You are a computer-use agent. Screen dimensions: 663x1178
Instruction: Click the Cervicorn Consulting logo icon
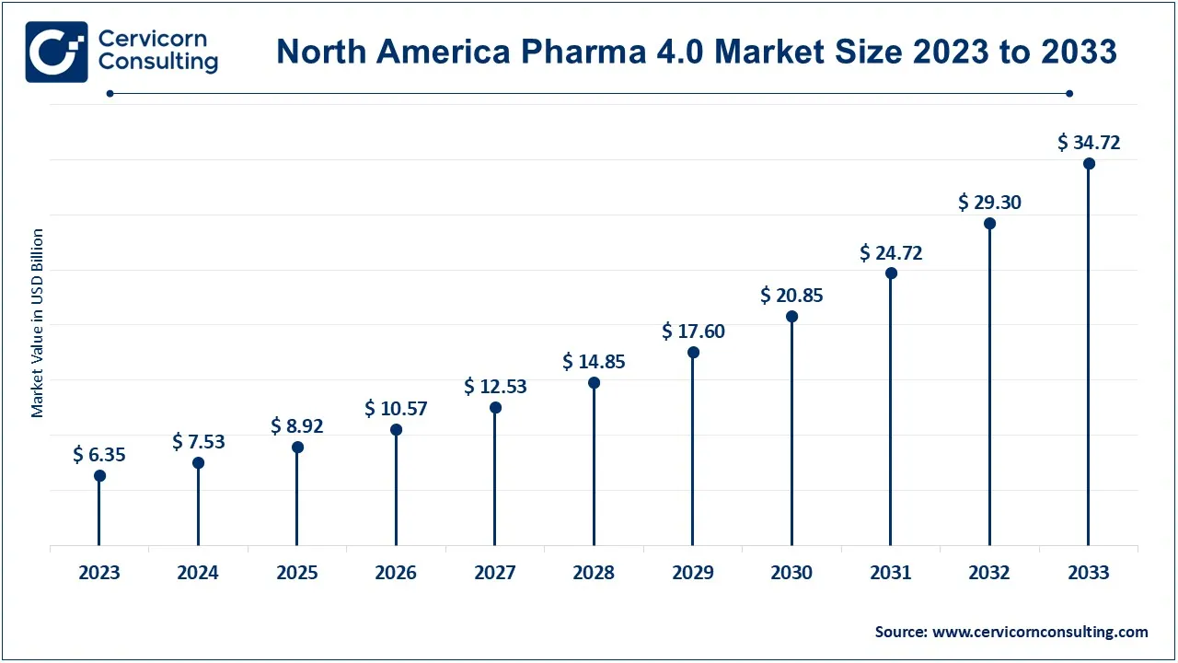click(x=56, y=52)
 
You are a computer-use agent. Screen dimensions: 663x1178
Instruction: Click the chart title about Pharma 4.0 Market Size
click(x=696, y=52)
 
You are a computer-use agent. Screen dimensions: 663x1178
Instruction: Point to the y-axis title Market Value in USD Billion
click(x=38, y=323)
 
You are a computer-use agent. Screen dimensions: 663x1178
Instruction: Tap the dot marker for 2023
click(x=99, y=476)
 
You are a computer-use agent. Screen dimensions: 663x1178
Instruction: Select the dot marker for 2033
click(x=1089, y=164)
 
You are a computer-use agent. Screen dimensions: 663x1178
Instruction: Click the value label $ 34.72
click(x=1089, y=143)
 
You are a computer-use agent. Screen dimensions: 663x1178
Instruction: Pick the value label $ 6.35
click(x=99, y=454)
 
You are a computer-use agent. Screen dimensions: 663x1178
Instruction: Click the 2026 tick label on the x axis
click(x=396, y=573)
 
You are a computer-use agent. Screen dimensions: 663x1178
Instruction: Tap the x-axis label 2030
click(x=791, y=573)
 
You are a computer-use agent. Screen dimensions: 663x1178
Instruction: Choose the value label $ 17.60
click(x=693, y=331)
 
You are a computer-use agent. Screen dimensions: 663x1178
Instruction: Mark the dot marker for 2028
click(x=594, y=383)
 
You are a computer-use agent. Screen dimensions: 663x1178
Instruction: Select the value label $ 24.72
click(x=891, y=252)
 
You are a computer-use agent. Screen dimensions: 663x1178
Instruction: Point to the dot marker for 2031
click(x=891, y=273)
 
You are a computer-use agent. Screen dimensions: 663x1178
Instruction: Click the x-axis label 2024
click(x=198, y=573)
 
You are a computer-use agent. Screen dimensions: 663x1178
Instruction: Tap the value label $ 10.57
click(x=396, y=408)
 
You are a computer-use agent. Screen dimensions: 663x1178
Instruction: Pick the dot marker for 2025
click(x=297, y=448)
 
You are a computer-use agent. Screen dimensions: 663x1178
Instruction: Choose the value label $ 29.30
click(x=989, y=203)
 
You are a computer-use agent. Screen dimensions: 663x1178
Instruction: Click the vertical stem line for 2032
click(x=990, y=387)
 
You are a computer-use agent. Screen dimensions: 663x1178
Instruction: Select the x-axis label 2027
click(x=495, y=573)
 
